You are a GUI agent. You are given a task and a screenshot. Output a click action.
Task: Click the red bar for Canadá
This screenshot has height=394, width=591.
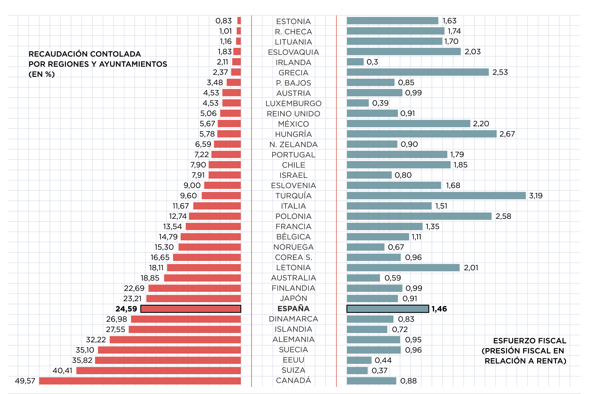140,381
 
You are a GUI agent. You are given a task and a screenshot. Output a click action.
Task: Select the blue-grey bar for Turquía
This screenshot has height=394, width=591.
436,196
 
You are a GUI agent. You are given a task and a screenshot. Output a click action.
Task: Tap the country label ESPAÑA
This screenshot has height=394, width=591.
293,309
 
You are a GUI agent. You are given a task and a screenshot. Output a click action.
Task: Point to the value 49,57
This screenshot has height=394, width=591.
25,381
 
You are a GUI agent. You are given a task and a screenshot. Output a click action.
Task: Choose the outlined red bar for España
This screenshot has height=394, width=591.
191,309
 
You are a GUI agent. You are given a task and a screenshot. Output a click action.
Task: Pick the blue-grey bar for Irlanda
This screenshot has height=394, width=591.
355,62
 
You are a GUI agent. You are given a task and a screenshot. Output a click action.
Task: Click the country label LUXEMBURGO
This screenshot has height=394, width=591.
293,103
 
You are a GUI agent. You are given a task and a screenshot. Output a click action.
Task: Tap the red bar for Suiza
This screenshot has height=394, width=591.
159,370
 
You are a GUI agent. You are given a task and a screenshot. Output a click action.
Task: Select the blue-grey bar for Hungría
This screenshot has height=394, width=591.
422,134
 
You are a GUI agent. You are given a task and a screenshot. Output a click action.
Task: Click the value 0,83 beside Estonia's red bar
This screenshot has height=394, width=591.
223,21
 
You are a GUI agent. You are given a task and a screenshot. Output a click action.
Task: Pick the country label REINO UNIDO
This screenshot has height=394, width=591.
293,114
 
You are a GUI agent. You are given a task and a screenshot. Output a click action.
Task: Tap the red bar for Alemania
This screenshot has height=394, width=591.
175,339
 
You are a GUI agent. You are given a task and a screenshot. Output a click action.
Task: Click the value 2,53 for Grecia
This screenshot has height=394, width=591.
500,72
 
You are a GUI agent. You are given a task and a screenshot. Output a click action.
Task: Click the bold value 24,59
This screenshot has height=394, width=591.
126,309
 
